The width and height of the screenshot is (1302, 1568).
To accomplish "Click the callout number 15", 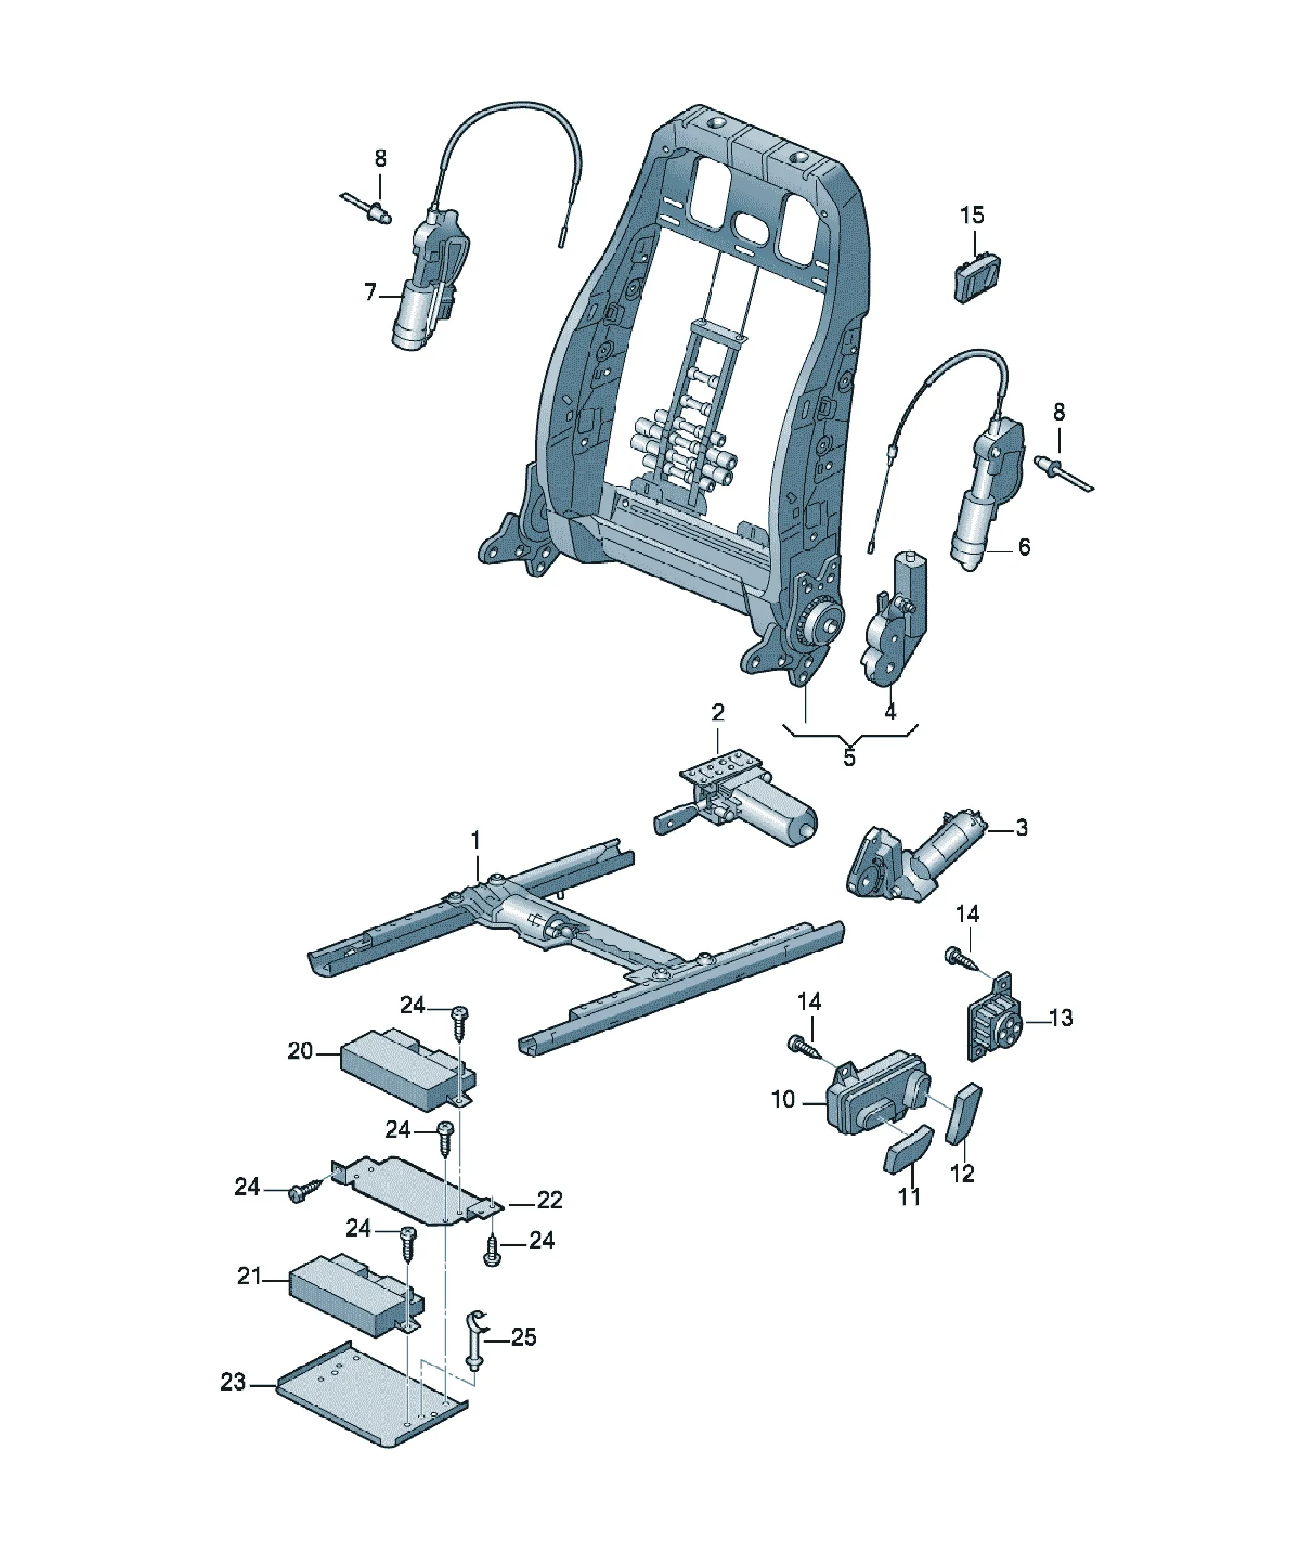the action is [971, 215].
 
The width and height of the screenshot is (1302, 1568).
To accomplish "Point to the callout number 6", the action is [1024, 547].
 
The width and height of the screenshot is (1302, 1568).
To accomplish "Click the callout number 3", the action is [1021, 827].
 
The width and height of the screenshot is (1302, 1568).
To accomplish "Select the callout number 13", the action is [1060, 1018].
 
